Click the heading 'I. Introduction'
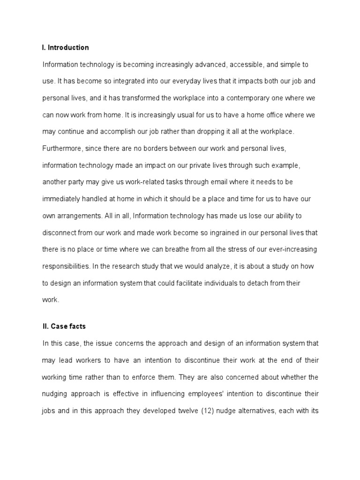(x=65, y=47)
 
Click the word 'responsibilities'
(x=66, y=267)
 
